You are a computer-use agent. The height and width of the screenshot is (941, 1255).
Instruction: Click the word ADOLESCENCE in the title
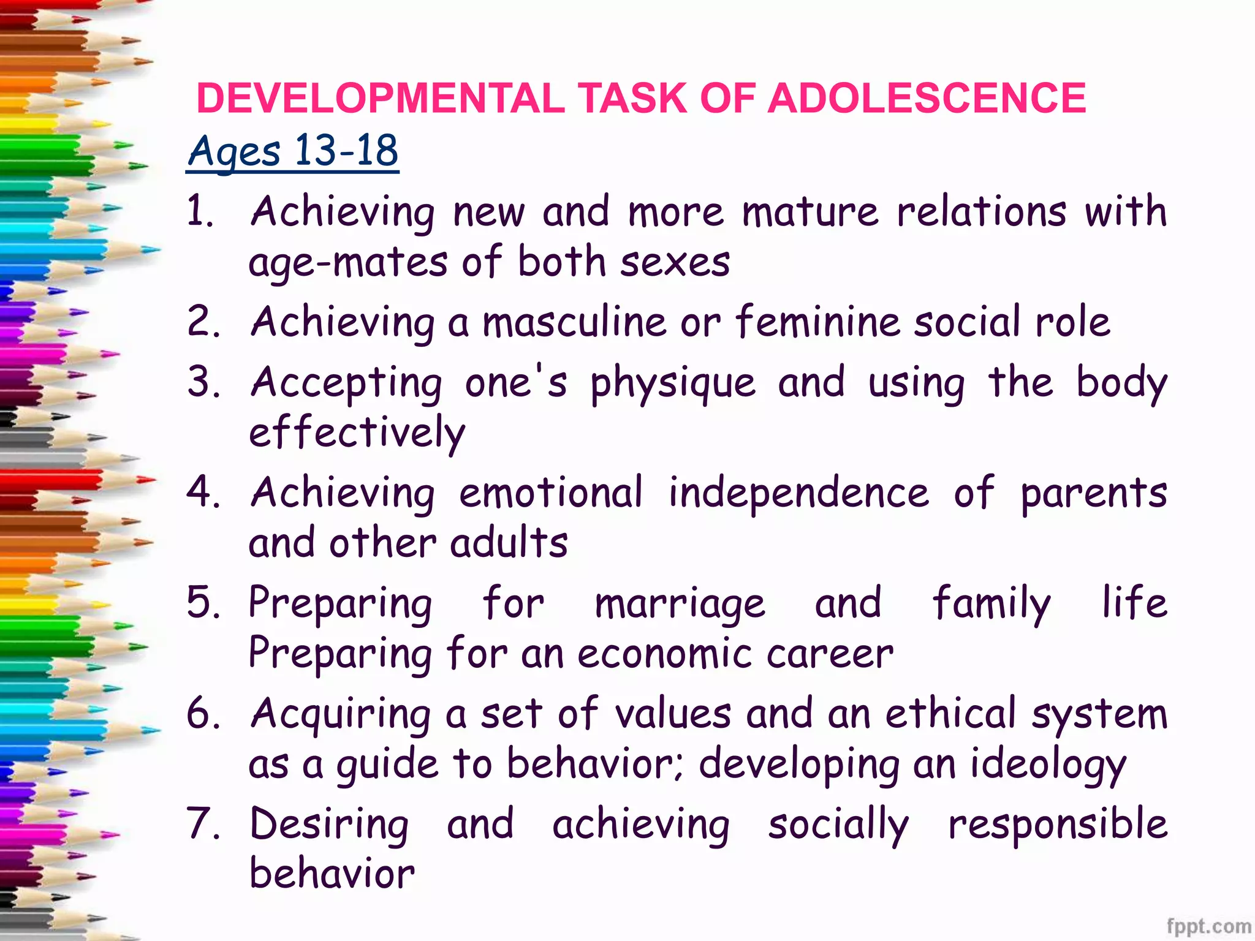pos(926,98)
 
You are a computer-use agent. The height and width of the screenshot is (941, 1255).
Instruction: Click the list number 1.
pos(200,211)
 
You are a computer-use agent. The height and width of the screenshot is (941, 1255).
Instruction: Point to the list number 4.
pos(202,493)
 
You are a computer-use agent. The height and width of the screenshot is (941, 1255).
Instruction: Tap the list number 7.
pos(202,823)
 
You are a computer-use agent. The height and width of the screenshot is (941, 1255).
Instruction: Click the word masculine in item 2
pos(574,322)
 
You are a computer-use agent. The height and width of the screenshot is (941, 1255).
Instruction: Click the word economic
pos(664,654)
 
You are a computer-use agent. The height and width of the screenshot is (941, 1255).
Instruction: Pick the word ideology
pos(1048,766)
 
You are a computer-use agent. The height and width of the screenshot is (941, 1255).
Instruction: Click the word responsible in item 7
pos(1057,825)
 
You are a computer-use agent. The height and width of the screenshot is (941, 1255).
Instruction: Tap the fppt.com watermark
pos(1208,926)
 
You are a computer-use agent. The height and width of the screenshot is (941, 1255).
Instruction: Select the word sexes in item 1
pos(675,262)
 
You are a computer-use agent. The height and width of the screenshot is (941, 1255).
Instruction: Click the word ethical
pos(950,714)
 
